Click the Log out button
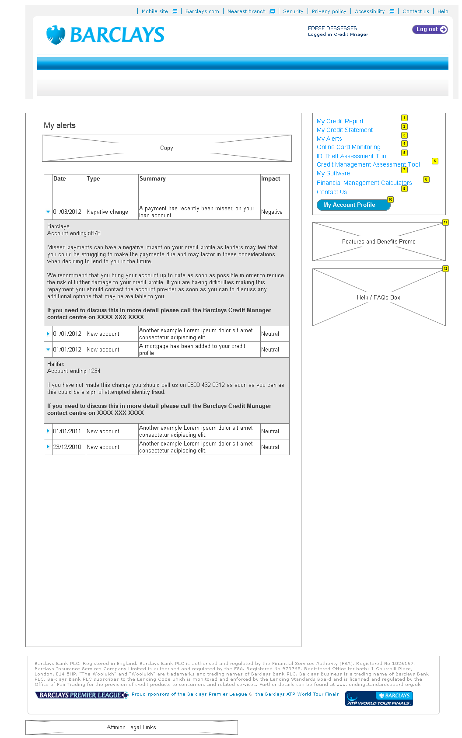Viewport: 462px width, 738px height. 430,29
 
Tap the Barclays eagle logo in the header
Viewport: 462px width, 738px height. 56,35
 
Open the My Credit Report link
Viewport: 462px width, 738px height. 340,121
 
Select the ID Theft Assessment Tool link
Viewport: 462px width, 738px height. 352,156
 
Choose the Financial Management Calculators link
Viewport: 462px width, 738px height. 364,183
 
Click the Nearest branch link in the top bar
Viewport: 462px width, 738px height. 246,11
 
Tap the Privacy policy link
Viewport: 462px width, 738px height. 329,11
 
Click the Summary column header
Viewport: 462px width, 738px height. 153,178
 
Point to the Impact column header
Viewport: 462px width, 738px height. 271,178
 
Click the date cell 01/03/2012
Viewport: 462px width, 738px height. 67,212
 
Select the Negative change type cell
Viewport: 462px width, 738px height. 107,212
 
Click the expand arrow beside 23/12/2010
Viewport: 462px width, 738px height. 48,447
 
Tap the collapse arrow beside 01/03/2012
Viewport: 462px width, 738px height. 48,212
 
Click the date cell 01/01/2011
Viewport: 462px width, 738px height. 67,431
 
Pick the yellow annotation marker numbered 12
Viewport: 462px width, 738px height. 445,268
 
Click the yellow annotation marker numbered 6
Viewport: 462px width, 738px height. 434,161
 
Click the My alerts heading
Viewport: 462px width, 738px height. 59,125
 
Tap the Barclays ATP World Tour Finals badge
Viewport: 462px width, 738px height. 379,699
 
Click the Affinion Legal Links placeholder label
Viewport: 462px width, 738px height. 131,727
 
